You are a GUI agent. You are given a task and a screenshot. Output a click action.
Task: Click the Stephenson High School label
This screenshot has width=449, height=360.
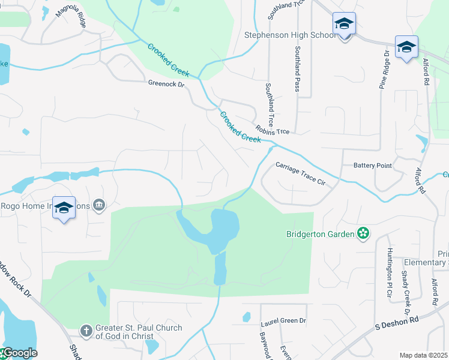(290, 35)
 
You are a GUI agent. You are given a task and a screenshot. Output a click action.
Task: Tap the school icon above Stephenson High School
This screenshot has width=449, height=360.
(344, 24)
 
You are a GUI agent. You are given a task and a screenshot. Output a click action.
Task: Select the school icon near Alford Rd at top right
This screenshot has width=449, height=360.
(406, 47)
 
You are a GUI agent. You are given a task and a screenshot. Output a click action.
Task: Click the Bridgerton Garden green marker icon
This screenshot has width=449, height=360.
(363, 233)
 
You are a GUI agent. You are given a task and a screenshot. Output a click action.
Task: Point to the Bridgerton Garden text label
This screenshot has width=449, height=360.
(321, 233)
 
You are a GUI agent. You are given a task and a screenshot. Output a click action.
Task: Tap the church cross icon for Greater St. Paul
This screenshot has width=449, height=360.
(86, 331)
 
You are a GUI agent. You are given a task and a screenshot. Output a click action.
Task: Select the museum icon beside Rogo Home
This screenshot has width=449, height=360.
(99, 206)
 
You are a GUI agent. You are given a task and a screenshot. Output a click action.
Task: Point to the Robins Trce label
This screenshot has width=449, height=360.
(272, 130)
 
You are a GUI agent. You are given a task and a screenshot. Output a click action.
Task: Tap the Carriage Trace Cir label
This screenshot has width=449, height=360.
(300, 174)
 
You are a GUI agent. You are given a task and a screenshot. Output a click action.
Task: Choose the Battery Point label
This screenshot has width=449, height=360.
(372, 165)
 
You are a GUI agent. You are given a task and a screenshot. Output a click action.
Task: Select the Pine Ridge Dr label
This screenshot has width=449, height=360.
(384, 69)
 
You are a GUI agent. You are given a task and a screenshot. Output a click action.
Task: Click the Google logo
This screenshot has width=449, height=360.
(20, 353)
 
